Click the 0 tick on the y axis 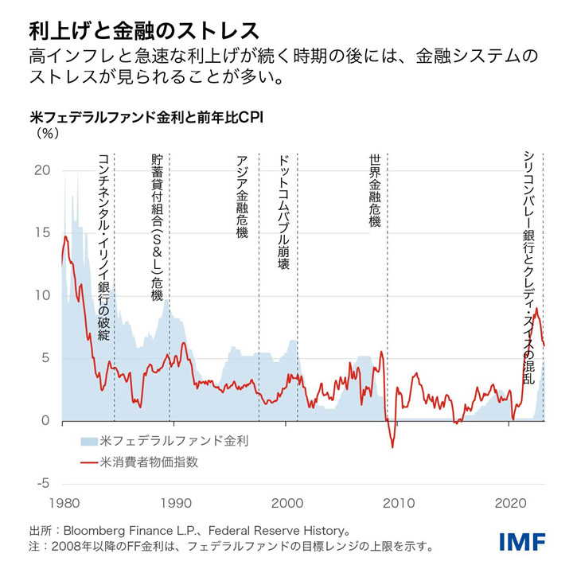45,421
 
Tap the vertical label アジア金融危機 243,195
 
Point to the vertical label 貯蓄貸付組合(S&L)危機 157,227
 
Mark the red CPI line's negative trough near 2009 392,447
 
